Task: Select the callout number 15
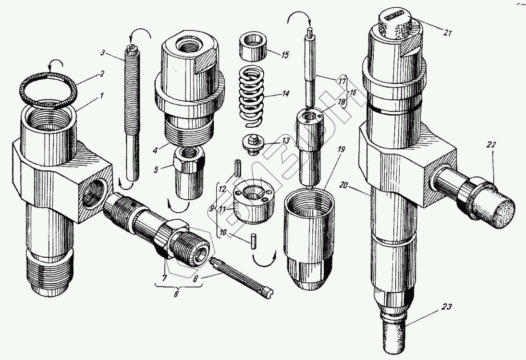[x=285, y=55]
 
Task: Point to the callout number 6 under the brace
[x=176, y=294]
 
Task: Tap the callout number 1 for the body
[x=100, y=96]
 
